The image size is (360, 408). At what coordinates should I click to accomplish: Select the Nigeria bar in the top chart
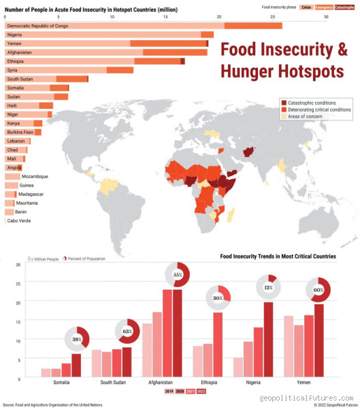(109, 35)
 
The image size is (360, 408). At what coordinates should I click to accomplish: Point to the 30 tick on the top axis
(326, 16)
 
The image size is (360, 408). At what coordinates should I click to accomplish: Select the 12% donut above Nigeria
(268, 288)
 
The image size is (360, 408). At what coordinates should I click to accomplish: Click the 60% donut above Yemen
(318, 290)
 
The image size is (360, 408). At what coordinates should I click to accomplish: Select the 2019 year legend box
(169, 392)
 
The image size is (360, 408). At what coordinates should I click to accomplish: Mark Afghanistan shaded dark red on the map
(249, 153)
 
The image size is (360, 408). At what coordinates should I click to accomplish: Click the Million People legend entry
(44, 259)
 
